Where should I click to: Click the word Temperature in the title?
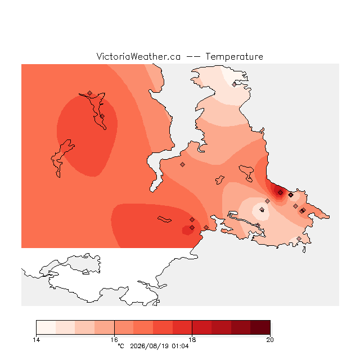234,56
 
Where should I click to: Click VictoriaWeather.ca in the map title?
138,56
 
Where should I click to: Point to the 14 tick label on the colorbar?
36,340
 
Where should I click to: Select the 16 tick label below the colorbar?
114,340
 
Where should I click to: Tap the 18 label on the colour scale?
192,340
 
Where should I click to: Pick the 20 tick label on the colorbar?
270,340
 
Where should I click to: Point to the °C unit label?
121,346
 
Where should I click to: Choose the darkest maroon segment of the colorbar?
260,327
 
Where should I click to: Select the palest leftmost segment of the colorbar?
46,327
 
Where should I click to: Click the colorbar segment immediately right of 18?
202,327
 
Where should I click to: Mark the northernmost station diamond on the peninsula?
234,85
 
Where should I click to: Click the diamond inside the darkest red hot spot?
280,192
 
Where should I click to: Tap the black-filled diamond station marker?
291,195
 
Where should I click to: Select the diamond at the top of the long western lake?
90,93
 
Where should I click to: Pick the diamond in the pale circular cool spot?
262,209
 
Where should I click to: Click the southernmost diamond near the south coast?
299,238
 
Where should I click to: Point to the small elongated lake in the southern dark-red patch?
164,219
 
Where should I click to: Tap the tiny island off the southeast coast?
304,250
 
